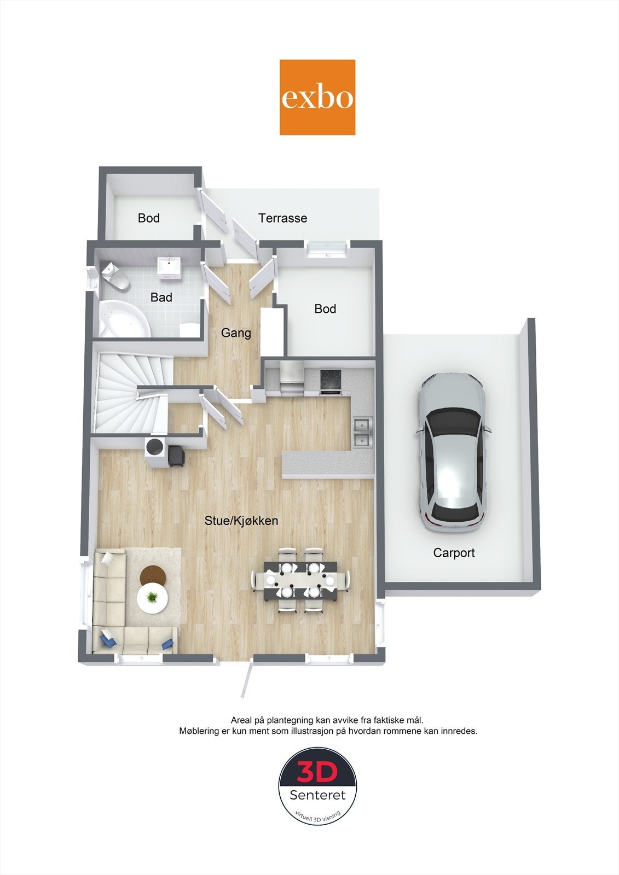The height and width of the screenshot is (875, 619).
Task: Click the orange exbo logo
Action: click(317, 97)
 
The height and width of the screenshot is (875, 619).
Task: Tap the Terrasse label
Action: click(282, 218)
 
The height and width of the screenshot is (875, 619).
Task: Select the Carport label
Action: click(454, 553)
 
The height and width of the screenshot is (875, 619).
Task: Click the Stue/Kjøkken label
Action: click(241, 521)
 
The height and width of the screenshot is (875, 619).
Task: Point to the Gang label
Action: click(236, 332)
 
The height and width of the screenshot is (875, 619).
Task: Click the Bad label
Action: click(161, 297)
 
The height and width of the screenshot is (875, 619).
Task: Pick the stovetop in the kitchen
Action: click(331, 379)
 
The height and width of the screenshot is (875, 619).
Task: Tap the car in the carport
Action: click(452, 454)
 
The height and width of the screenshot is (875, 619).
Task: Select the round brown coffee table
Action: click(153, 575)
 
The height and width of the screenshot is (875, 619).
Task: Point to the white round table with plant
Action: click(152, 598)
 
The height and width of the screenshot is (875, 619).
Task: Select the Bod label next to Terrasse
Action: click(148, 218)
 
